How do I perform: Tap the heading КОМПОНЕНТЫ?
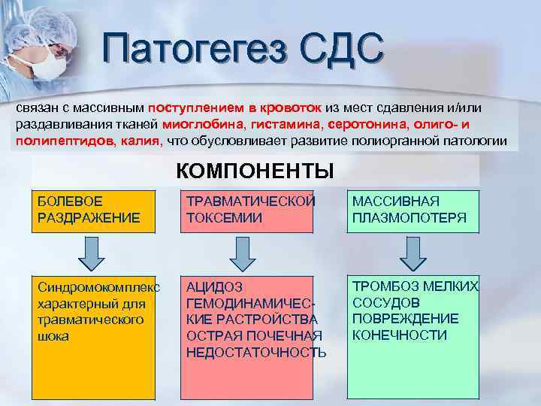click(x=255, y=170)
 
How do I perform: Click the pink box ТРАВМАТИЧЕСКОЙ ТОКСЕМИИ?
click(x=249, y=210)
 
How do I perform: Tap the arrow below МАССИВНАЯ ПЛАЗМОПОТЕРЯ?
click(x=412, y=253)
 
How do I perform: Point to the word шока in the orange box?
click(x=53, y=336)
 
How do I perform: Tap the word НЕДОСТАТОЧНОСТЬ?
click(x=256, y=352)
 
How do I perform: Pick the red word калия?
click(x=140, y=141)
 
